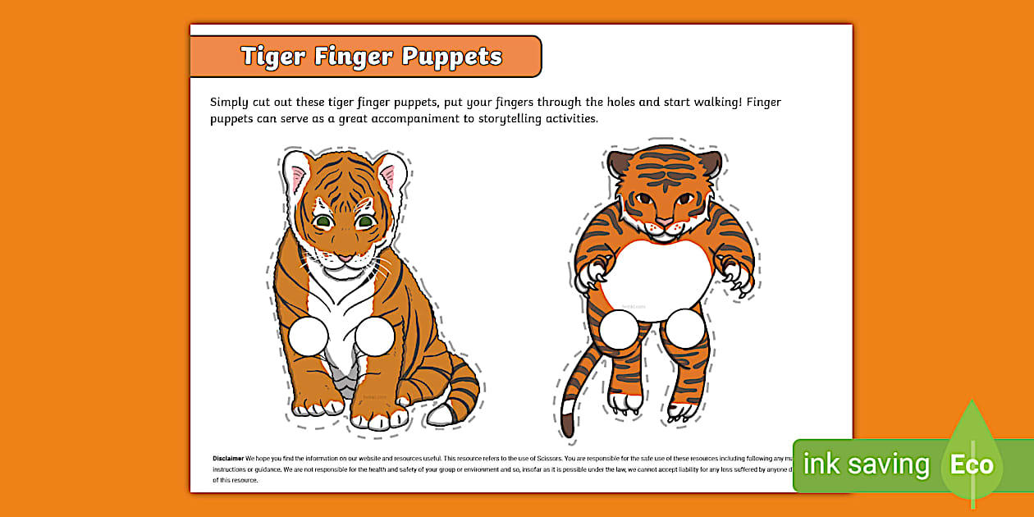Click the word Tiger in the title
point(273,57)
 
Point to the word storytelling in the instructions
point(511,118)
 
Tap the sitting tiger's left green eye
point(323,222)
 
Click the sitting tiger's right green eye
point(366,222)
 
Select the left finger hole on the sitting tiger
point(309,336)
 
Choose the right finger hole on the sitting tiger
point(375,336)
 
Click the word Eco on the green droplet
point(972,465)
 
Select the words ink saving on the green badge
point(866,465)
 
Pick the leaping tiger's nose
point(663,220)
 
